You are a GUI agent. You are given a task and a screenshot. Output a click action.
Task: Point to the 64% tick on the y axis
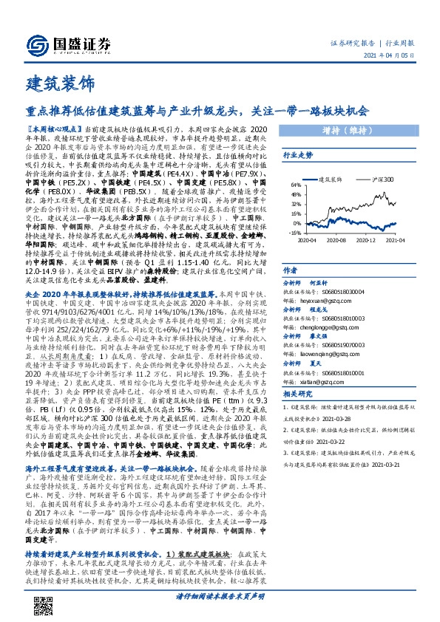click(x=294, y=185)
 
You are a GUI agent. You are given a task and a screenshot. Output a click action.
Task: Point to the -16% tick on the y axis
click(x=294, y=232)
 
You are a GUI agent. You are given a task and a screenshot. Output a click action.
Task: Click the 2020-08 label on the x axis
click(x=336, y=239)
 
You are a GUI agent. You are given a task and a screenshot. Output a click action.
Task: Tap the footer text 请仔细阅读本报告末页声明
click(x=220, y=596)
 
